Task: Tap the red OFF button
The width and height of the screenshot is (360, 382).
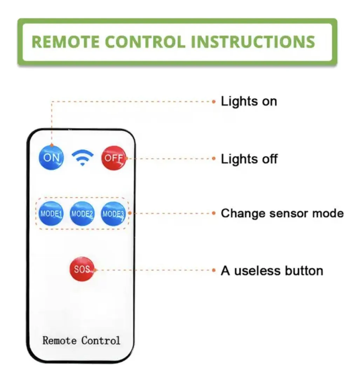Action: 113,158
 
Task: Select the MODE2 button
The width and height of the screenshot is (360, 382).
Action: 82,214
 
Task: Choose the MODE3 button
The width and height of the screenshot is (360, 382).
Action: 113,214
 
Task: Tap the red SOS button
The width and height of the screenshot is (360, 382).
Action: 82,269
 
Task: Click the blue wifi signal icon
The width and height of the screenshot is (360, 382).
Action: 82,158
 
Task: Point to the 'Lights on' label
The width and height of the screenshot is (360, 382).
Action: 249,101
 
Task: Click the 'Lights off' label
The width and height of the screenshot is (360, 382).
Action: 249,159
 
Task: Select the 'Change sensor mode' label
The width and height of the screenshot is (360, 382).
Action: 282,213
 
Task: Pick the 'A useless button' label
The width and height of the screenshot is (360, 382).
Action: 272,271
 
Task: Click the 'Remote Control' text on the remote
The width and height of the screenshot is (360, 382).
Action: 81,340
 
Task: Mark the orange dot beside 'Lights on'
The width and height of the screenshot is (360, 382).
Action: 213,102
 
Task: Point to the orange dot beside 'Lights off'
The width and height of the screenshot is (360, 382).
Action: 213,159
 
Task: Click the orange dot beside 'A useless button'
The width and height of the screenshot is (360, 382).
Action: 213,271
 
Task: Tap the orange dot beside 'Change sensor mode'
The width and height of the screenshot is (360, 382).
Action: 213,213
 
